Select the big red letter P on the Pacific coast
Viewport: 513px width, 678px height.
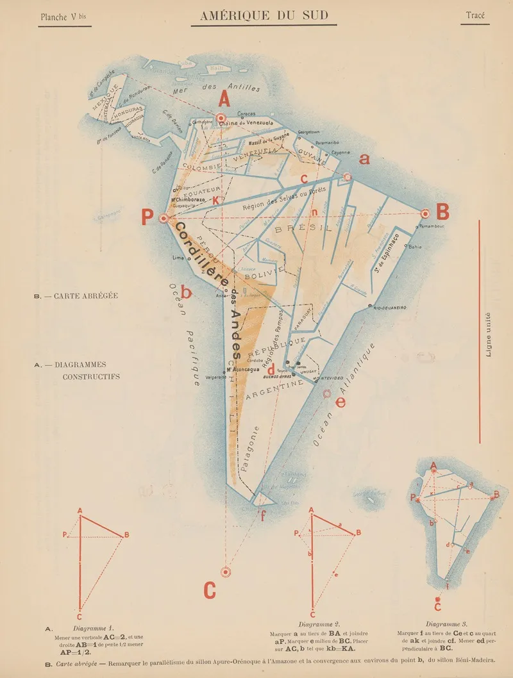click(148, 217)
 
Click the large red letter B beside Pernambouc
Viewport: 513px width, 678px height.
click(443, 211)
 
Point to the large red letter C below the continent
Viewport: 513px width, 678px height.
click(210, 590)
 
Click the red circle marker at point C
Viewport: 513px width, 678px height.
click(225, 571)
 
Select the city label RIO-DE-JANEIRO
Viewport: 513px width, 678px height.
click(390, 308)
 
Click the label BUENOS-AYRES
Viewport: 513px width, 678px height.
click(276, 377)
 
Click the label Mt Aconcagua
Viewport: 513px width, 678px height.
click(242, 370)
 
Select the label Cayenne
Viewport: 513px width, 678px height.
click(341, 153)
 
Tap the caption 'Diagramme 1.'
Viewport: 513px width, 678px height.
click(94, 628)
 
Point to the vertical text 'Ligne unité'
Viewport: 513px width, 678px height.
click(489, 334)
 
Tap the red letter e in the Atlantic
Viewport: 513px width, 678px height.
click(340, 402)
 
